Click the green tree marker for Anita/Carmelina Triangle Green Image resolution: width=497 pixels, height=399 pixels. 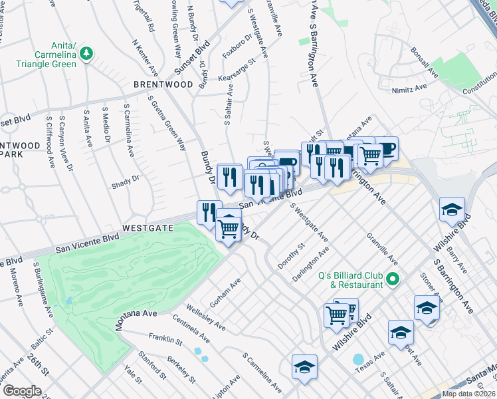[86, 53]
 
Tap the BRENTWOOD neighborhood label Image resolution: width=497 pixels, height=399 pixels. [163, 85]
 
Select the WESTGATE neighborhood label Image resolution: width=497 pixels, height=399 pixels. [148, 227]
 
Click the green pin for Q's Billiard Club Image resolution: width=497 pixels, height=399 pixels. [392, 279]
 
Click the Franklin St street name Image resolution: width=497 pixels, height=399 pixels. [165, 339]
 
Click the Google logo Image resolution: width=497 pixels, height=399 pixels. [22, 390]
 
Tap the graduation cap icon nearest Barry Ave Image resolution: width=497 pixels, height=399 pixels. [452, 210]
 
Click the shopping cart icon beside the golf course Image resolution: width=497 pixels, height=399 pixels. [229, 229]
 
